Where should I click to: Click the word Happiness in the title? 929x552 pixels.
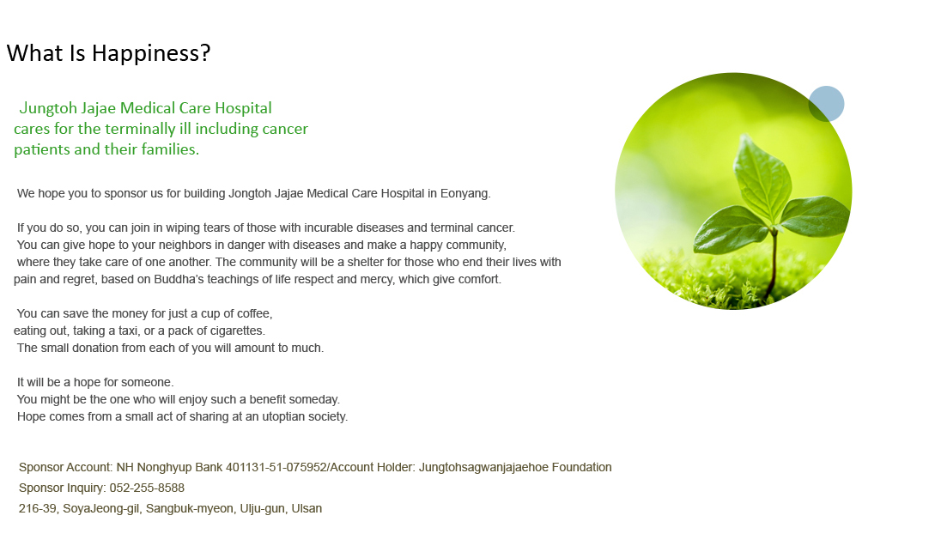click(x=151, y=53)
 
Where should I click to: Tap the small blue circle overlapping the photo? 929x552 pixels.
click(x=826, y=104)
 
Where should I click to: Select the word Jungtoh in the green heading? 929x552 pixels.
click(x=47, y=108)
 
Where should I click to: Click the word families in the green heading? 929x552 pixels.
click(x=170, y=149)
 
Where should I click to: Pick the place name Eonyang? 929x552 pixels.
click(x=465, y=194)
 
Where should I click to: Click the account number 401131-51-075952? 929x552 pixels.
click(x=276, y=467)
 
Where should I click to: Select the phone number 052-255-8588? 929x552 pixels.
click(x=147, y=488)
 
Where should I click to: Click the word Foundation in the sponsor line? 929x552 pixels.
click(x=581, y=467)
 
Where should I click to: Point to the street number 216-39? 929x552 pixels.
click(x=38, y=509)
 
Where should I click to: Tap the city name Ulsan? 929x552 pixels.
click(x=307, y=509)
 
